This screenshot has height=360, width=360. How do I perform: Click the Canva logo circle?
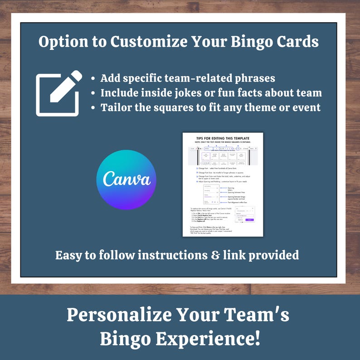[126, 179]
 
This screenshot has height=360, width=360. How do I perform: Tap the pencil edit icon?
[59, 93]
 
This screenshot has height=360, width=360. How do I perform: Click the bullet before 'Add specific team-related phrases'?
[93, 79]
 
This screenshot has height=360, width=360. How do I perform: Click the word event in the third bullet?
[307, 107]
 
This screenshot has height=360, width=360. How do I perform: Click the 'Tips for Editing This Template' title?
[223, 138]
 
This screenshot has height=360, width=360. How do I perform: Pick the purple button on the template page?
[249, 219]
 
